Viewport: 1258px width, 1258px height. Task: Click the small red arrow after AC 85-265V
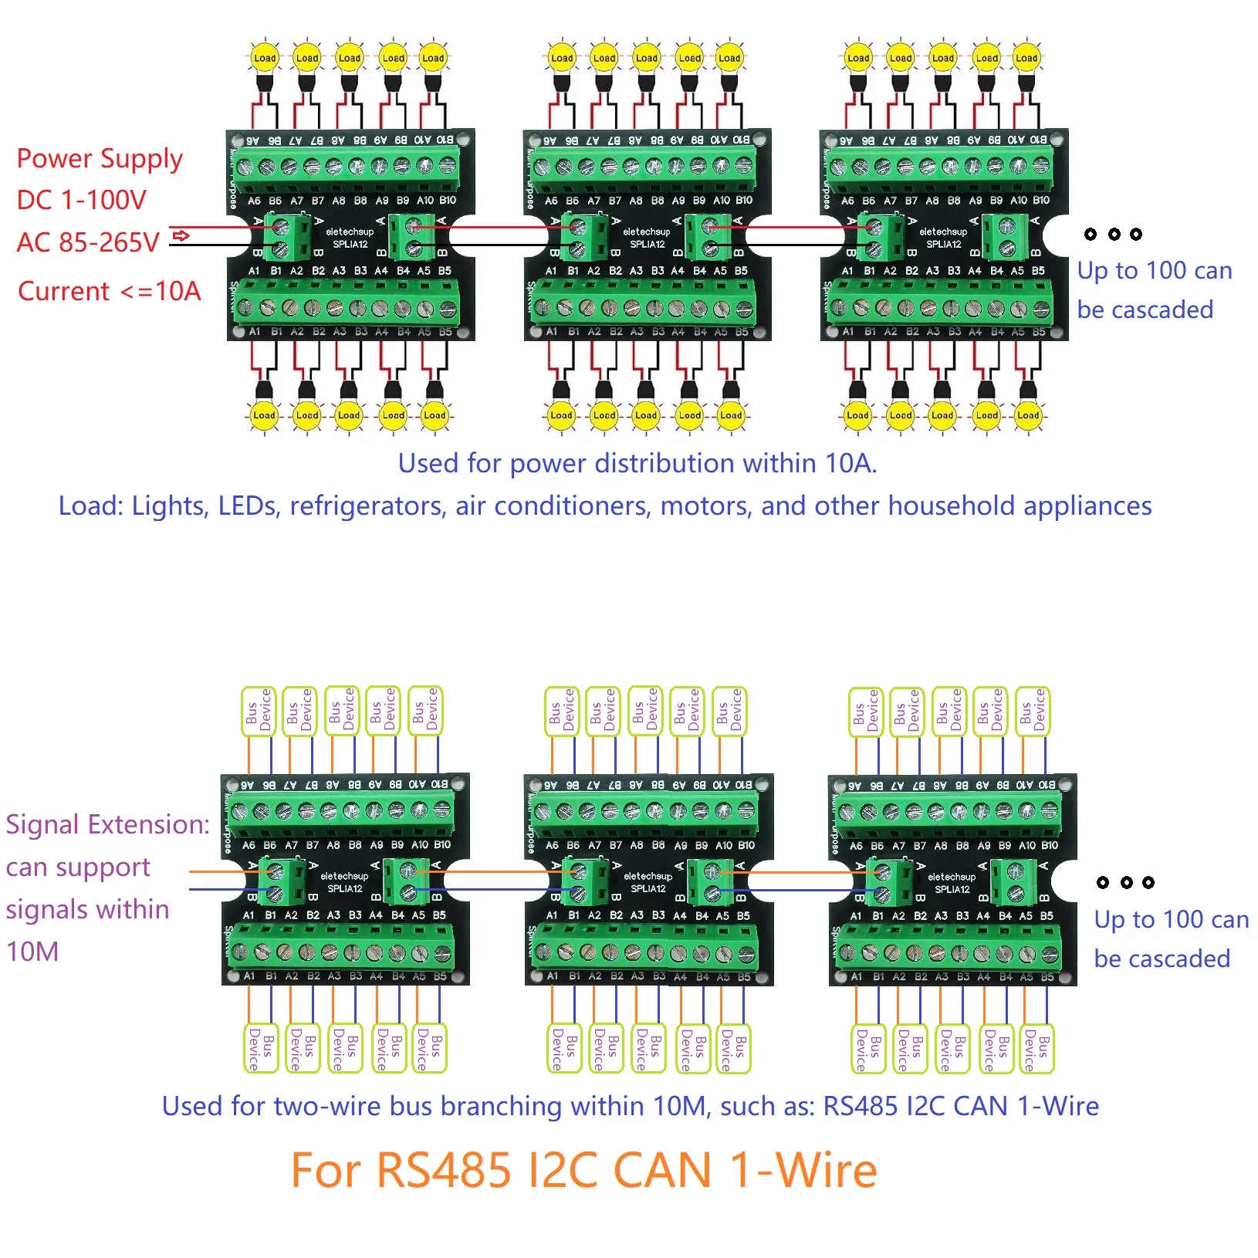point(181,235)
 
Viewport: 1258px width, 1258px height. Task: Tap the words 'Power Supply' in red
point(100,159)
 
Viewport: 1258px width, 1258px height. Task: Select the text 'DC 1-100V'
point(82,201)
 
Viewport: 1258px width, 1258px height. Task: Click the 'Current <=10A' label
point(109,292)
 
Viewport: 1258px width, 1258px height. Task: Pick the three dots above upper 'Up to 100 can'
point(1113,234)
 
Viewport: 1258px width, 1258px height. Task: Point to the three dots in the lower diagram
point(1125,882)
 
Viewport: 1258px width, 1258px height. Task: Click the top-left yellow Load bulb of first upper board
point(265,58)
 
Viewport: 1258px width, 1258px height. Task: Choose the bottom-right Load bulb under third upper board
point(1027,415)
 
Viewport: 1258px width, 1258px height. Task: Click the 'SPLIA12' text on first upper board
point(350,245)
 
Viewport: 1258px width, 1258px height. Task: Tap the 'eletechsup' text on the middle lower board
point(648,877)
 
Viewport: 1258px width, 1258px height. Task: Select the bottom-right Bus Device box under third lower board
point(1036,1049)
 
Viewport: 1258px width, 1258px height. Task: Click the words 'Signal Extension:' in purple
point(107,825)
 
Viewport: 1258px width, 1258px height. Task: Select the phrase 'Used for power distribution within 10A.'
point(637,464)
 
